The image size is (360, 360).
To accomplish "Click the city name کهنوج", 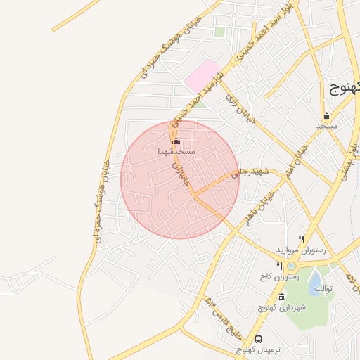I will (x=345, y=88).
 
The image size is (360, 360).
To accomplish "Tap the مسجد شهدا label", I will (x=176, y=151).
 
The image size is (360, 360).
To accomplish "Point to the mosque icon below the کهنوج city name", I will (x=326, y=116).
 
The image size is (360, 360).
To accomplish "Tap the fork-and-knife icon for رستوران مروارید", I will (x=302, y=239).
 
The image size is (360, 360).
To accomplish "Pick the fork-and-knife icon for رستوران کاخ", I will (x=280, y=266).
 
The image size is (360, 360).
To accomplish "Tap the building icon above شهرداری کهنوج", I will (x=281, y=297).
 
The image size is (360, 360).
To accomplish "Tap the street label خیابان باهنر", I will (x=253, y=208).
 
